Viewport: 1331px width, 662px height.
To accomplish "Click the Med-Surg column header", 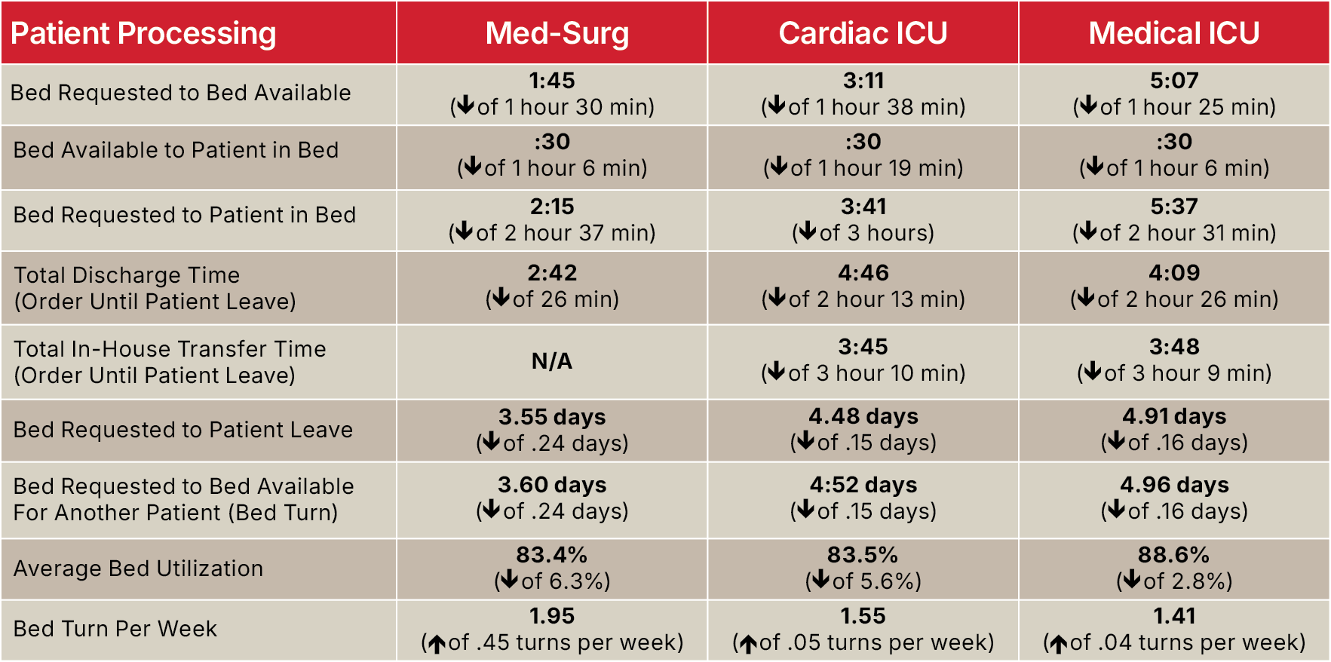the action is point(557,33).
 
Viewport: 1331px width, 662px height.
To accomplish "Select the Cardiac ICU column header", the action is point(863,33).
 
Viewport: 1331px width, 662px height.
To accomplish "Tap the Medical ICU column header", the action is point(1174,33).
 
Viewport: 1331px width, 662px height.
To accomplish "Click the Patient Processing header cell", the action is point(143,34).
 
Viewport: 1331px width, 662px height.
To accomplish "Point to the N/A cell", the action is point(552,361).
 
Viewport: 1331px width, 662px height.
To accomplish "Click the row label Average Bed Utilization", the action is point(138,569).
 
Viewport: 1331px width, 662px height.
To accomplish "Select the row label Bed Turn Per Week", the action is point(115,629).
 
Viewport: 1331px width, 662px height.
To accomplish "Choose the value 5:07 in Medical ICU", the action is point(1174,81).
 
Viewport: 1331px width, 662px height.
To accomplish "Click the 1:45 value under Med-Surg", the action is point(552,81).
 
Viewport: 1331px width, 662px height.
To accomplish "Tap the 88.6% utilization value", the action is point(1174,555).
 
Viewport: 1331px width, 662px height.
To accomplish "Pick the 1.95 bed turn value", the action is point(552,616).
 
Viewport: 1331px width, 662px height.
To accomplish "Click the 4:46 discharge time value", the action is point(863,273).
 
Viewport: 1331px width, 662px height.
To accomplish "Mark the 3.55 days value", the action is point(552,417).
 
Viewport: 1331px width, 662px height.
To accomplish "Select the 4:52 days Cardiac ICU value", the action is point(863,485).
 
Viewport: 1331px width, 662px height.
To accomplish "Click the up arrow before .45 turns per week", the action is point(437,644).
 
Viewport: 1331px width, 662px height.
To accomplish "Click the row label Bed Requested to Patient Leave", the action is point(183,430).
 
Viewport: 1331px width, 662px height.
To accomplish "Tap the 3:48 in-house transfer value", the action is point(1174,347).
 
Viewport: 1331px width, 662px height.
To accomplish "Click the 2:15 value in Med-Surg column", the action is point(552,207).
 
